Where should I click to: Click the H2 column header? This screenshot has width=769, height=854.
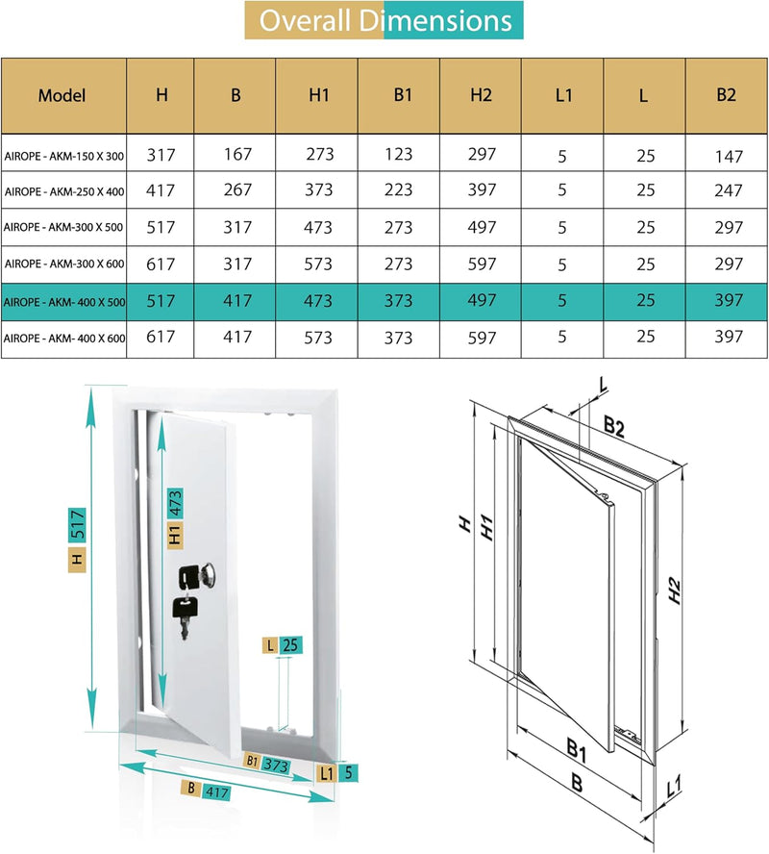(482, 95)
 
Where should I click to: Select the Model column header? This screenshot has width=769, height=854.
(62, 95)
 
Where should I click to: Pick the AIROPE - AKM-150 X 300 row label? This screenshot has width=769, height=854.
(64, 156)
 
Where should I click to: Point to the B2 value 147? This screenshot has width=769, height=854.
(729, 156)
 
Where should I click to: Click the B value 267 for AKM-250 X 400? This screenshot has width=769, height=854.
(236, 191)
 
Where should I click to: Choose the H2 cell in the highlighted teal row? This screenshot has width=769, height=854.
(482, 300)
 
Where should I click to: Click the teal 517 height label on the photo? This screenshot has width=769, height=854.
(80, 524)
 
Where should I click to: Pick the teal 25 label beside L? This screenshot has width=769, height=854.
(289, 645)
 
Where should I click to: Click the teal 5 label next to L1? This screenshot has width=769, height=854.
(352, 770)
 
